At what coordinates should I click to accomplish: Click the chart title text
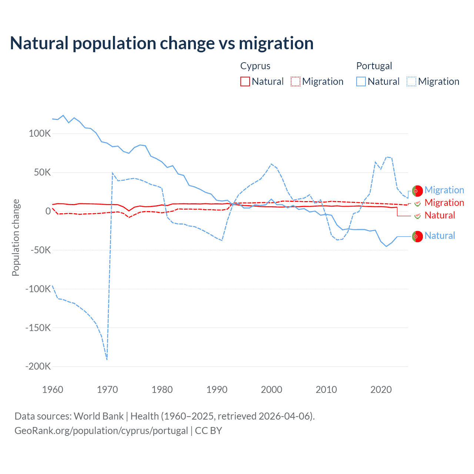(162, 43)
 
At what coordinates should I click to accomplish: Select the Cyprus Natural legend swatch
(245, 81)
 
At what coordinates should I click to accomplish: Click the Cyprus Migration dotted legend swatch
(296, 81)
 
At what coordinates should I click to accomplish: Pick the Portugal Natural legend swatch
(361, 81)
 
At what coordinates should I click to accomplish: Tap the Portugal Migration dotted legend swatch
(411, 81)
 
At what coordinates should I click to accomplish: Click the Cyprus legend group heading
(255, 66)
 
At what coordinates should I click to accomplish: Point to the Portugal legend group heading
(374, 66)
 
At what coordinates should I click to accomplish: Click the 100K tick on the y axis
(40, 134)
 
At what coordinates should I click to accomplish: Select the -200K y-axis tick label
(38, 367)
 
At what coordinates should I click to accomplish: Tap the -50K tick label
(40, 250)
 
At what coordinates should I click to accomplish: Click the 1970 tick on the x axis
(107, 390)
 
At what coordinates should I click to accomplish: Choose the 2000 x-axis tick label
(271, 390)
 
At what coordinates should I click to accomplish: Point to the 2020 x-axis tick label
(381, 390)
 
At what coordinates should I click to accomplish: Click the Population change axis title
(16, 237)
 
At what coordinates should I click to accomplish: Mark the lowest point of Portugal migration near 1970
(107, 359)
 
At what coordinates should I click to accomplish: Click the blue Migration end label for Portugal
(444, 190)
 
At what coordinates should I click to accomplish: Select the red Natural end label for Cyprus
(440, 216)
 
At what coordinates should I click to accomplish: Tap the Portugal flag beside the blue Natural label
(417, 236)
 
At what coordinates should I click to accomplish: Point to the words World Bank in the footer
(99, 416)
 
